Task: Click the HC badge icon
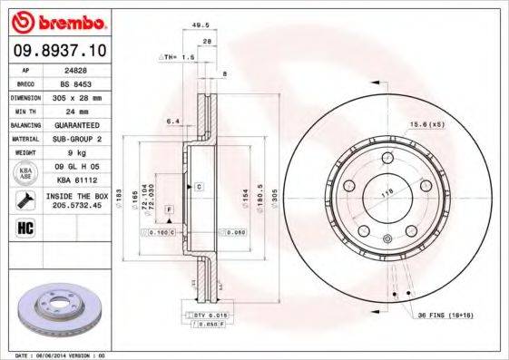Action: pyautogui.click(x=24, y=227)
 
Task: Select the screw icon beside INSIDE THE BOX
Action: pyautogui.click(x=24, y=199)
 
